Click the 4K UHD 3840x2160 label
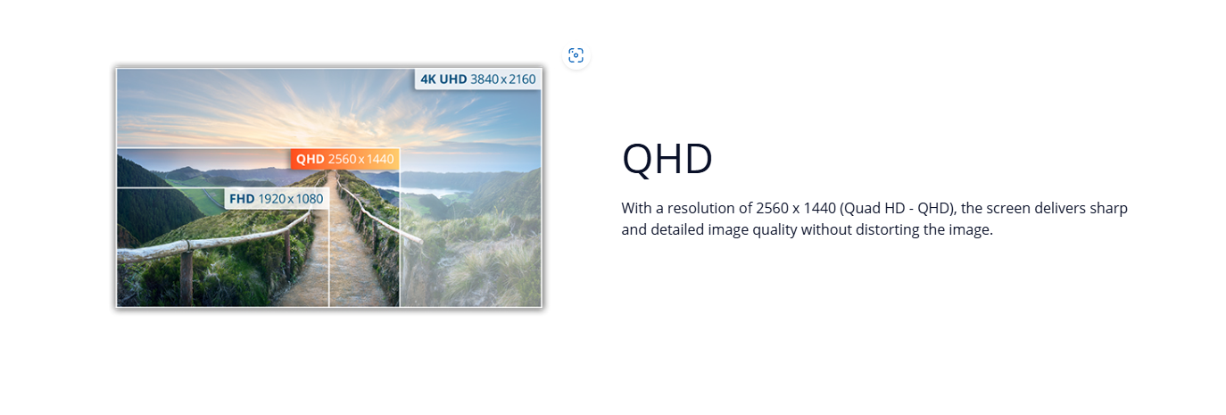[x=477, y=79]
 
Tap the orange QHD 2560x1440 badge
[x=344, y=160]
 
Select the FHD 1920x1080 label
[x=277, y=199]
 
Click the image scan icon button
[x=576, y=55]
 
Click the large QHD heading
[x=667, y=159]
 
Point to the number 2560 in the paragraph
[x=772, y=209]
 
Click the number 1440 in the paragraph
[x=820, y=209]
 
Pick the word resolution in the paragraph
[x=701, y=209]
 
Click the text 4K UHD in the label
[x=443, y=79]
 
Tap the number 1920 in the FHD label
[x=272, y=199]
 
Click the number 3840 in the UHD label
[x=485, y=79]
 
